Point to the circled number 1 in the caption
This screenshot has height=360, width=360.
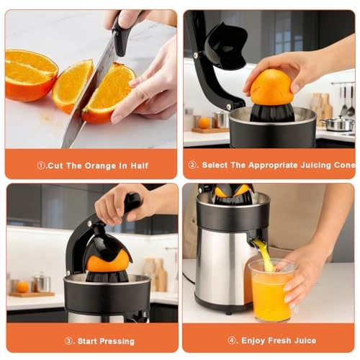42,166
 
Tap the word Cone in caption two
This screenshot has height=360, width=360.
343,166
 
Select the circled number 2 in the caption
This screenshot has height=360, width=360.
193,166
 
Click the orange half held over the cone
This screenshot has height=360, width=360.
272,86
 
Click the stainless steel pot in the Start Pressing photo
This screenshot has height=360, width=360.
42,282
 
